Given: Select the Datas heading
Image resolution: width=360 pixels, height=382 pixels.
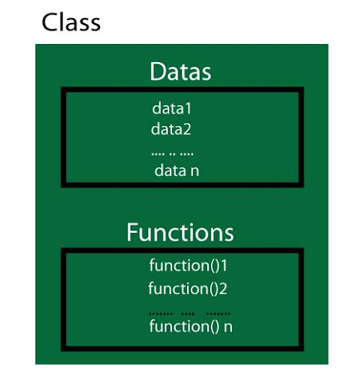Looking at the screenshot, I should (180, 72).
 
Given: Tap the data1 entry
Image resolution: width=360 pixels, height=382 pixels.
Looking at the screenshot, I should (172, 108).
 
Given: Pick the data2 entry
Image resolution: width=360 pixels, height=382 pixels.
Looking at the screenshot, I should (171, 129).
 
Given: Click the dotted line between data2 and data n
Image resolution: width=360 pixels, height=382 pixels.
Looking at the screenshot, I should (172, 154).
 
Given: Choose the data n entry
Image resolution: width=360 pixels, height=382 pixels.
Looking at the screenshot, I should (177, 171).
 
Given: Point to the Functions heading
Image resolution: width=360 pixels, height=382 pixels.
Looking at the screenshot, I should (180, 232).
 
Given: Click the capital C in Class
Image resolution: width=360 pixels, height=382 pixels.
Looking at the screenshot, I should (50, 22).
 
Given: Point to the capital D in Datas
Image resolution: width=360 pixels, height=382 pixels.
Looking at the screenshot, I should (157, 72).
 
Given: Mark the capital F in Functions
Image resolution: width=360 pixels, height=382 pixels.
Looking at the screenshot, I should (133, 232).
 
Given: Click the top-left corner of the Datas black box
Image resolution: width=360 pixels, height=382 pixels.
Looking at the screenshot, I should (63, 91).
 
